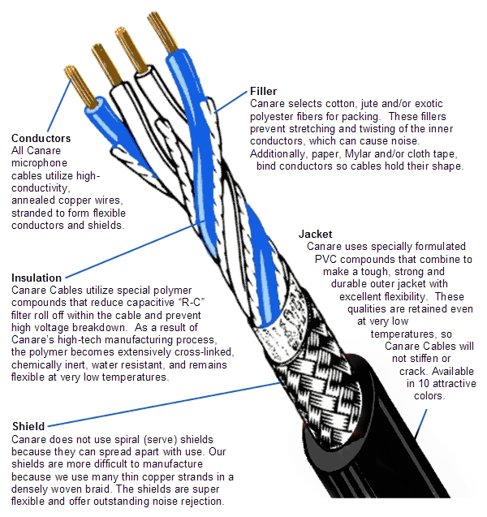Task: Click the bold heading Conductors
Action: click(41, 138)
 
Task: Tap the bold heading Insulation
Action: click(36, 278)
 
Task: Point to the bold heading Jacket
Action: click(316, 234)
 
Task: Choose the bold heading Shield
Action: click(28, 426)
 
